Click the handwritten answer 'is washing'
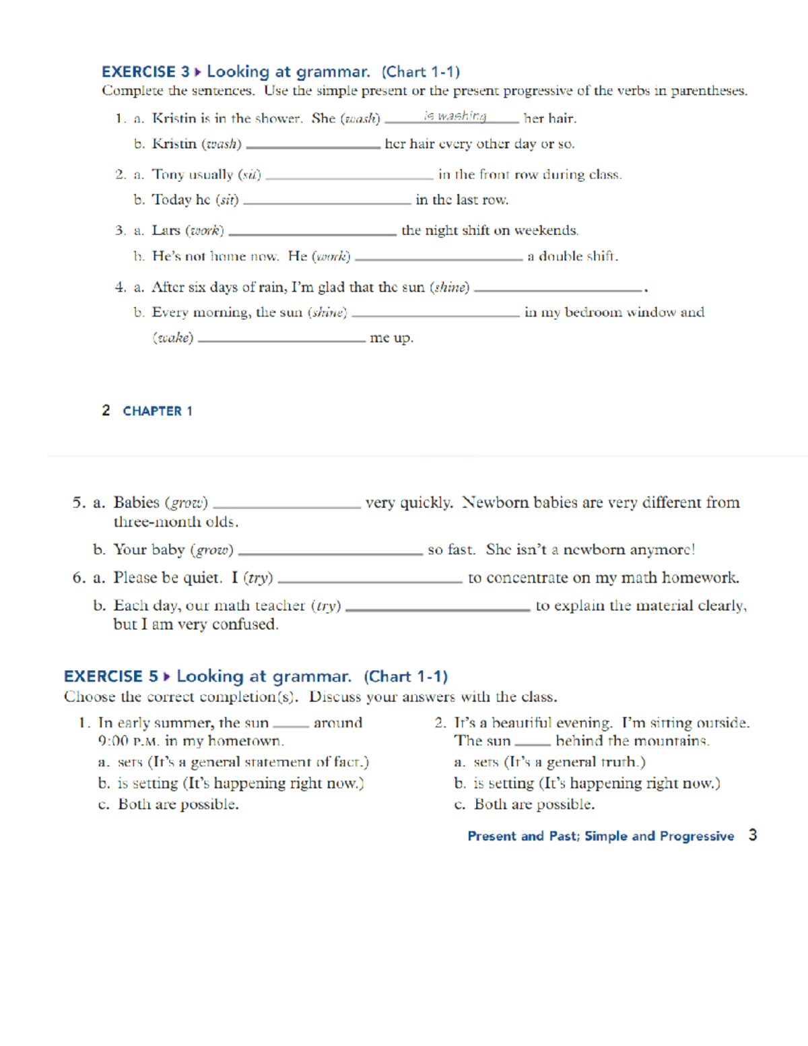click(x=455, y=116)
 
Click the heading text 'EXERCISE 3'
click(x=145, y=72)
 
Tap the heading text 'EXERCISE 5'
click(x=111, y=676)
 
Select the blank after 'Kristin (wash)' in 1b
click(x=313, y=145)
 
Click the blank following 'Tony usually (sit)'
click(x=349, y=176)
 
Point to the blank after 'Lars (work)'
click(x=312, y=232)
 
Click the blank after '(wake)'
click(x=281, y=339)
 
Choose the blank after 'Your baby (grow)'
click(x=331, y=552)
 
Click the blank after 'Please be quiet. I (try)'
click(x=370, y=580)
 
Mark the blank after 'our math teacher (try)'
click(x=438, y=608)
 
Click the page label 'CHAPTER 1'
click(x=158, y=411)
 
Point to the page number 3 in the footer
click(x=753, y=835)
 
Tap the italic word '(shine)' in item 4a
click(x=450, y=288)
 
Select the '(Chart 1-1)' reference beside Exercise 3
click(x=421, y=72)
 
